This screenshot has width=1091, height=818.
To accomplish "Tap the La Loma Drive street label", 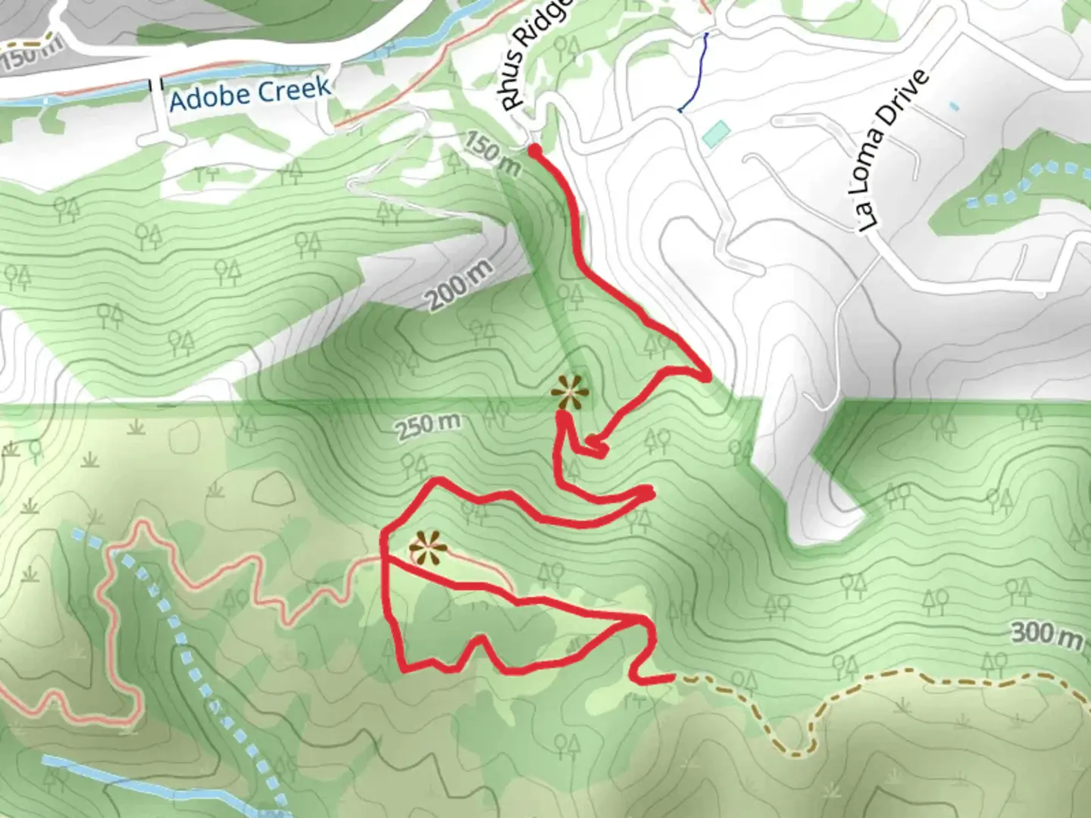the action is coord(894,151).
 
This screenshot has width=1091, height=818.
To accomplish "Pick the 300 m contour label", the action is coord(1046,633).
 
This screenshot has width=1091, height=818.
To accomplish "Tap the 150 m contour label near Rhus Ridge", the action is coord(492,154).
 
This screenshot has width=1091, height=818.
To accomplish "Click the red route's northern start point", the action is coord(534,151).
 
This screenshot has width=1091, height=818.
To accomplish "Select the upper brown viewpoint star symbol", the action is coord(569,393).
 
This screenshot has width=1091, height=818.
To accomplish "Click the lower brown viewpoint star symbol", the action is coord(427,548).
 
